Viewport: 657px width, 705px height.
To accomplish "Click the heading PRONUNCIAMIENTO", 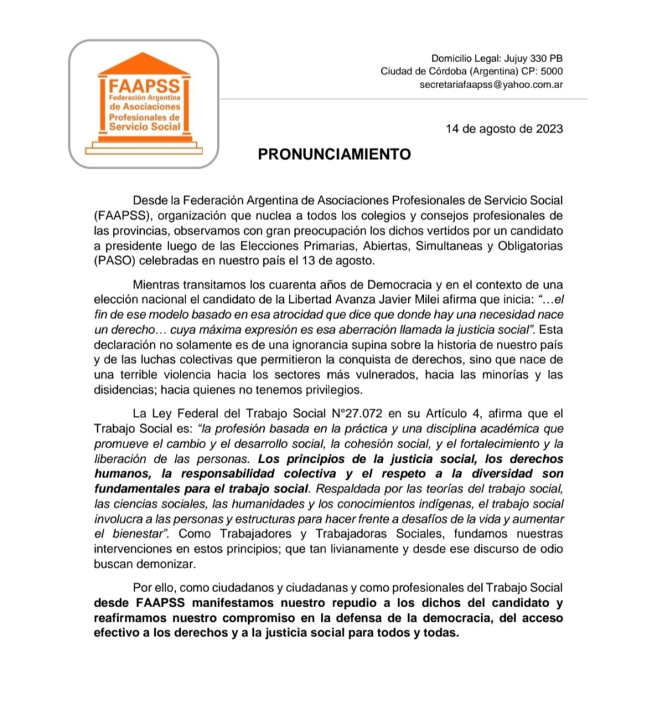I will click(x=334, y=154).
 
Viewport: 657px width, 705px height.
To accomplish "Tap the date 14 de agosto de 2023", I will click(x=504, y=129).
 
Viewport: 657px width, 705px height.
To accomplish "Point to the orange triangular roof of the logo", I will click(x=144, y=63).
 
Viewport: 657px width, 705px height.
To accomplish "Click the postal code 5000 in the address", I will click(x=552, y=72).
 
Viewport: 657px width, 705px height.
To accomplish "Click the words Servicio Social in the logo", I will click(x=145, y=127).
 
